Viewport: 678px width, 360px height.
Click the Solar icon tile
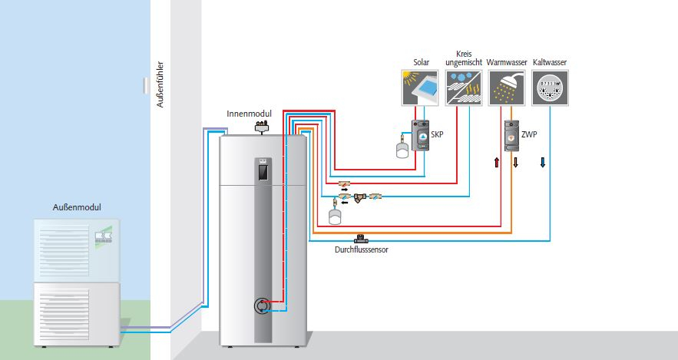pos(421,86)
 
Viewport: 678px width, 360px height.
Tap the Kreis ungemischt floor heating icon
pos(463,86)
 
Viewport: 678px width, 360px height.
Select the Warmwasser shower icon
pos(506,86)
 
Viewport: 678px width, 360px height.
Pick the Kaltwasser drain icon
pos(549,86)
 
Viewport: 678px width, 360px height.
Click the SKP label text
pos(438,134)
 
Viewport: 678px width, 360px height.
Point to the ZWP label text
pos(528,134)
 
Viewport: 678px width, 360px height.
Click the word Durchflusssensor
pos(362,249)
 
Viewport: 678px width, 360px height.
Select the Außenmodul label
pos(77,208)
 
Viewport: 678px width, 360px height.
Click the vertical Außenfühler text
pos(160,85)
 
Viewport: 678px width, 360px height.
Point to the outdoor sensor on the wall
pos(145,85)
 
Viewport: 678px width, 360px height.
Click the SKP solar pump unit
pos(421,136)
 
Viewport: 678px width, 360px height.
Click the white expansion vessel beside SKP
pos(401,150)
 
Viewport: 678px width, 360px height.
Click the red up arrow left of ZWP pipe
pos(497,162)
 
